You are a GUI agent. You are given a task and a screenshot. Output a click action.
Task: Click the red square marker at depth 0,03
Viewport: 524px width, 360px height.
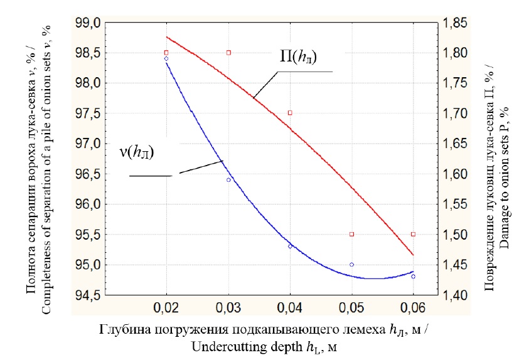coord(228,53)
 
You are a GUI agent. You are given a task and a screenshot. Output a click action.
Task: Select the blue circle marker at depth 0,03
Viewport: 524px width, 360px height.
coord(228,180)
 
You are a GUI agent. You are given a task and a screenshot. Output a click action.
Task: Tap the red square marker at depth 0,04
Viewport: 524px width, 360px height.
coord(290,113)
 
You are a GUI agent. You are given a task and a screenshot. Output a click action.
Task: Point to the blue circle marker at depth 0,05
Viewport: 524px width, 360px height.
coord(351,265)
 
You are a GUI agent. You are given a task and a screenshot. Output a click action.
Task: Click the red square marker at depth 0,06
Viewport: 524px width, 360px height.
coord(413,234)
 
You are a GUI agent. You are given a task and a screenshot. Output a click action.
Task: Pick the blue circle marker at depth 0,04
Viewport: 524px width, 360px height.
coord(290,246)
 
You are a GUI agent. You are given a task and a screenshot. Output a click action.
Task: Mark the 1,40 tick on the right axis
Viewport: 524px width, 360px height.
coord(456,295)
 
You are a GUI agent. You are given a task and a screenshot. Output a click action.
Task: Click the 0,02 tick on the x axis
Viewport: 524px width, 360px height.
coord(166,309)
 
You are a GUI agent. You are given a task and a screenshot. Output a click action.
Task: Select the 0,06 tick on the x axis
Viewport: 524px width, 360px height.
coord(413,309)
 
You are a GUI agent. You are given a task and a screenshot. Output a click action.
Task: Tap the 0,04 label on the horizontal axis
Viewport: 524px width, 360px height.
coord(290,309)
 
